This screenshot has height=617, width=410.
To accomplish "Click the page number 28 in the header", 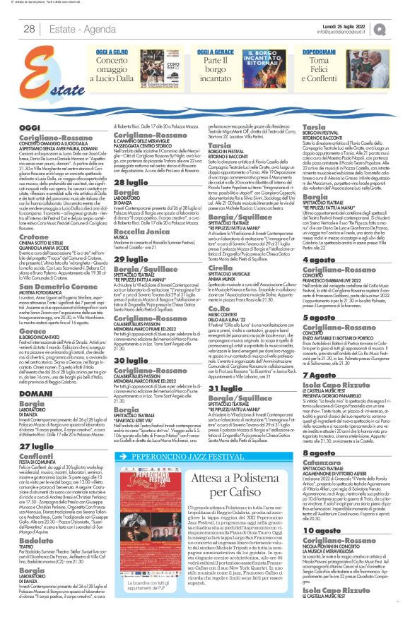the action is point(29,28).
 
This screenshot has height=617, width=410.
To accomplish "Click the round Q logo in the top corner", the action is point(399,28).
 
